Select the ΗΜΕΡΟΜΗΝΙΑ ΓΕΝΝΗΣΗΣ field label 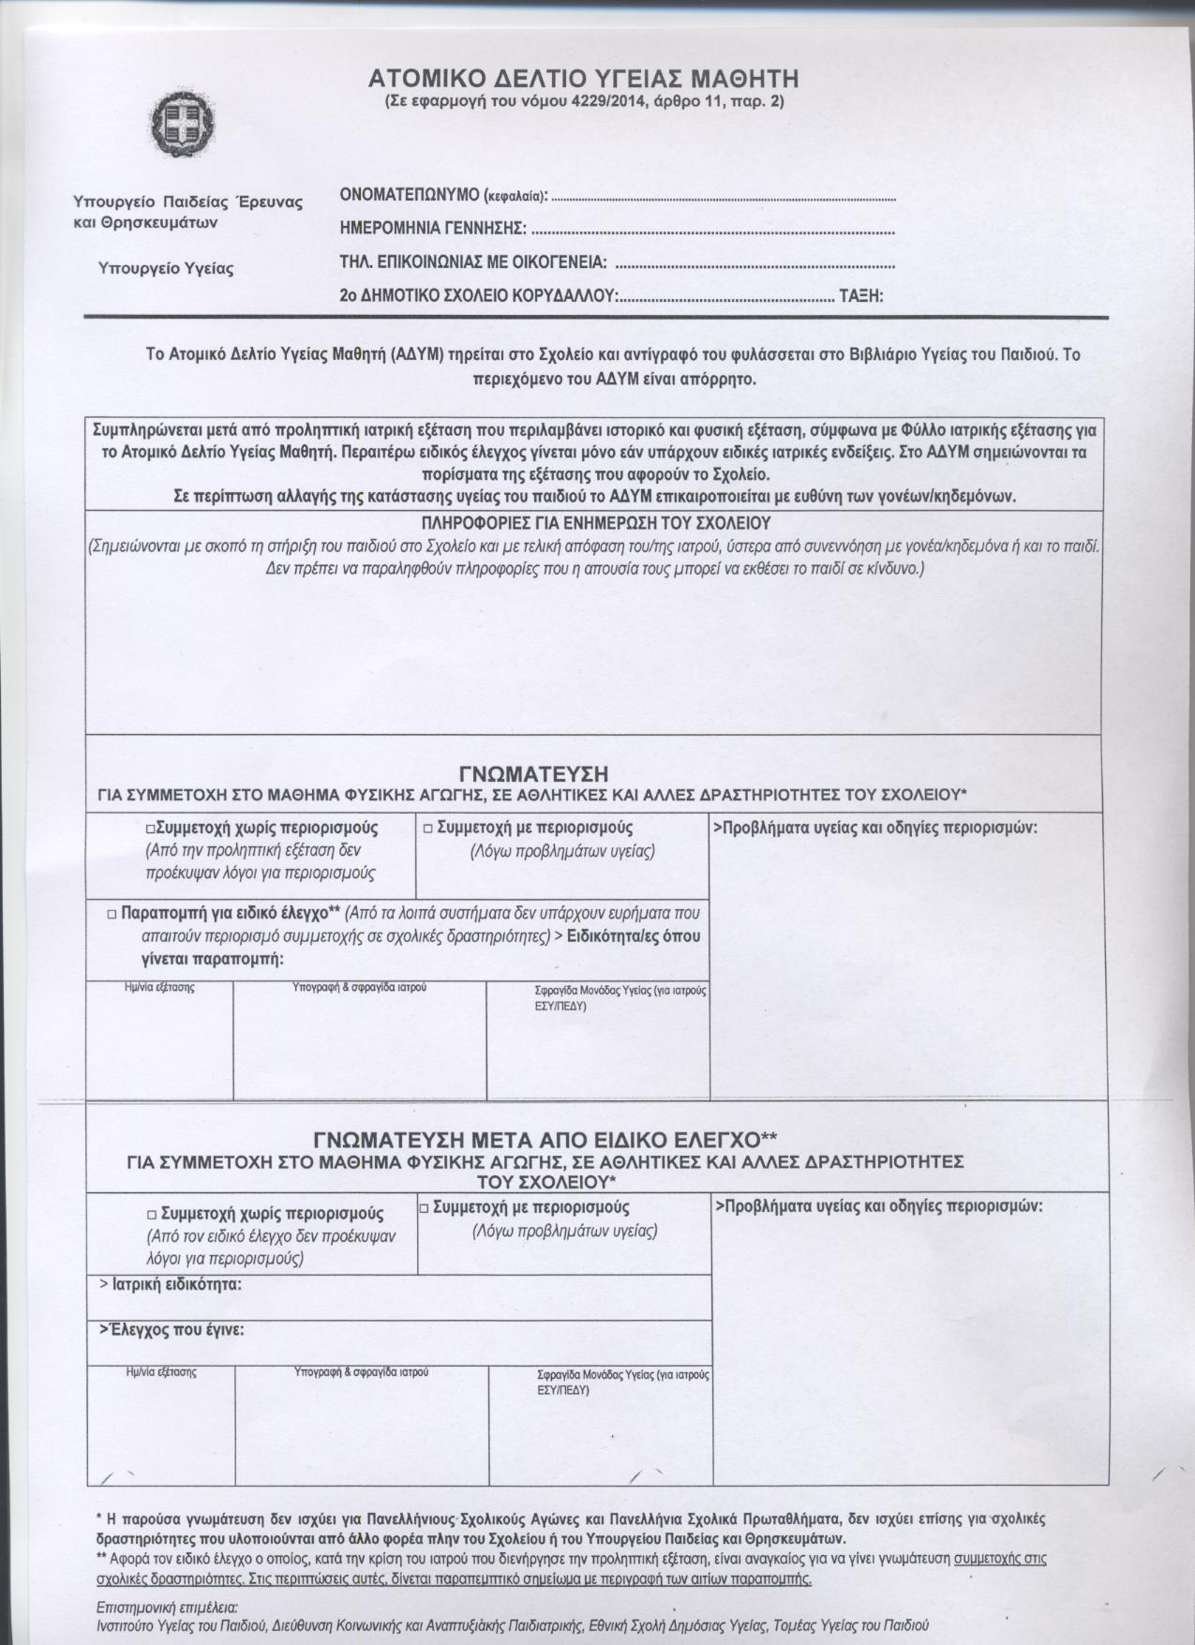pos(432,228)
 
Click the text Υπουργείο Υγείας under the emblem pos(166,268)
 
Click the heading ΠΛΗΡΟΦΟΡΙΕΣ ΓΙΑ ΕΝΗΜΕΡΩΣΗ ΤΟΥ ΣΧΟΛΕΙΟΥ pos(596,522)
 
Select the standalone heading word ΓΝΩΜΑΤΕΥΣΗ pos(535,773)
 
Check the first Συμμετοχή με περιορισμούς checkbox pos(427,829)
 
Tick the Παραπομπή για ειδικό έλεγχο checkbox pos(112,912)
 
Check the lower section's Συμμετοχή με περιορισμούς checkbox pos(425,1208)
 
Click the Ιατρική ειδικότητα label pos(172,1284)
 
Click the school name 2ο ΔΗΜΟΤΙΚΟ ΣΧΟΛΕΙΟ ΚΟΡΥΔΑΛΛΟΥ pos(478,296)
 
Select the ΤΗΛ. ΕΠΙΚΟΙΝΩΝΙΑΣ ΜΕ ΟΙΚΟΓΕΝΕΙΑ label pos(472,262)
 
